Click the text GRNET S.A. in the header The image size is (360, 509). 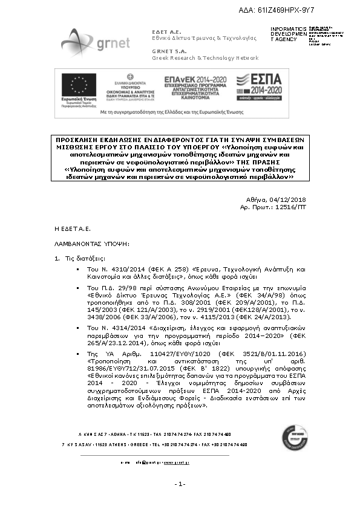click(x=168, y=51)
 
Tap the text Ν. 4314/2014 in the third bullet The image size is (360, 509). click(x=111, y=327)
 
